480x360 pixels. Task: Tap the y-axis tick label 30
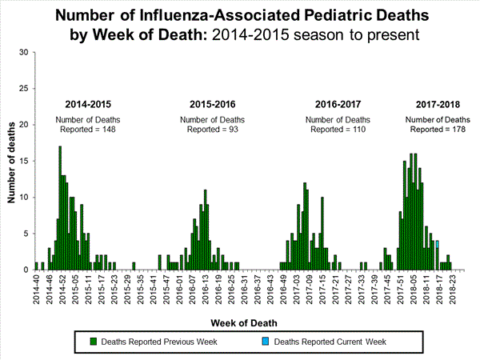click(x=23, y=53)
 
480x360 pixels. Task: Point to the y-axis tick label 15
click(x=23, y=161)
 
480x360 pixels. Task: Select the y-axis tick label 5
click(x=26, y=234)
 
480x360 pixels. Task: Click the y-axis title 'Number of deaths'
click(x=12, y=160)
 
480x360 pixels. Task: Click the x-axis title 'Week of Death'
click(x=246, y=322)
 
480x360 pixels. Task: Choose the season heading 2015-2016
click(x=212, y=105)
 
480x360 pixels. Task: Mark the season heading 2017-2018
click(x=438, y=105)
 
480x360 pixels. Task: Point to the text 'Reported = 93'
click(x=212, y=129)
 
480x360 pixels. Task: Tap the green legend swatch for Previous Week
click(x=94, y=342)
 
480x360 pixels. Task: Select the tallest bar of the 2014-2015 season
click(x=60, y=208)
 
